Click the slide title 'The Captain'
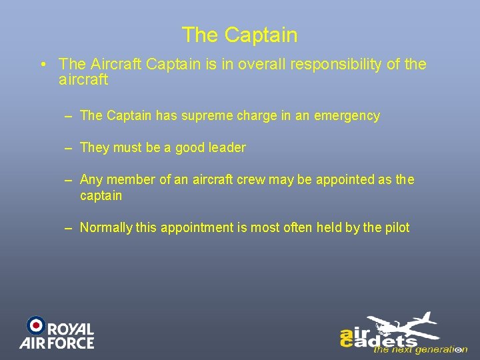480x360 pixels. point(239,35)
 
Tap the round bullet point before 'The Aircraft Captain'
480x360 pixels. point(42,65)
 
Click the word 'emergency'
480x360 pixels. point(347,116)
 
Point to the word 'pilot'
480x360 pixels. point(397,228)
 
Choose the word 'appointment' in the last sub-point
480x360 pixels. point(195,228)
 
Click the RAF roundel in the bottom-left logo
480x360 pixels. point(35,325)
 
